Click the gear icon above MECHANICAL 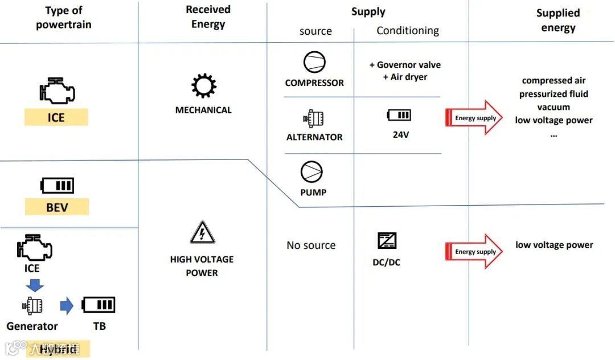point(203,86)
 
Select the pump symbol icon point(312,172)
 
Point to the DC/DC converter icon point(387,241)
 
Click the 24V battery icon point(399,115)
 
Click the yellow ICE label point(56,118)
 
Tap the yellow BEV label point(57,207)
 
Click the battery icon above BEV point(57,186)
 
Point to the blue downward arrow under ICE point(35,285)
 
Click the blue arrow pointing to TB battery point(67,306)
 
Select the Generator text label point(32,326)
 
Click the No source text point(311,246)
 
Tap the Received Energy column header point(208,17)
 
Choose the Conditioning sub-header point(408,31)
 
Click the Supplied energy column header point(558,21)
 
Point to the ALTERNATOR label point(314,137)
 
